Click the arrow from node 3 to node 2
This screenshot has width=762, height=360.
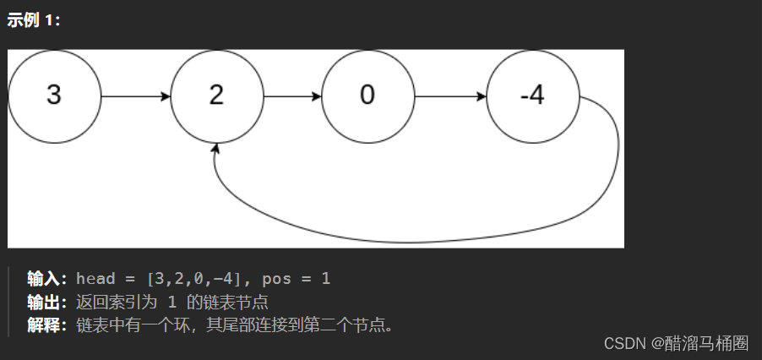(x=136, y=96)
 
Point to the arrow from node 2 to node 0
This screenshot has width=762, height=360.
(x=293, y=96)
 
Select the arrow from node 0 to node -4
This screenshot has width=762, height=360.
(x=451, y=96)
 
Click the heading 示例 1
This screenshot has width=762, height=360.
(x=34, y=21)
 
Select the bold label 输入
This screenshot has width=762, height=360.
(x=46, y=279)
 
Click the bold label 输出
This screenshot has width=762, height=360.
(x=46, y=303)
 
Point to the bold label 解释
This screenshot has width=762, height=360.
(x=46, y=325)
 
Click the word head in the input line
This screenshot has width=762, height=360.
(x=95, y=279)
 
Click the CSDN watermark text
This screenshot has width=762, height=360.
(x=625, y=343)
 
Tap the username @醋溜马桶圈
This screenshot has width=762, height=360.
(x=700, y=343)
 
